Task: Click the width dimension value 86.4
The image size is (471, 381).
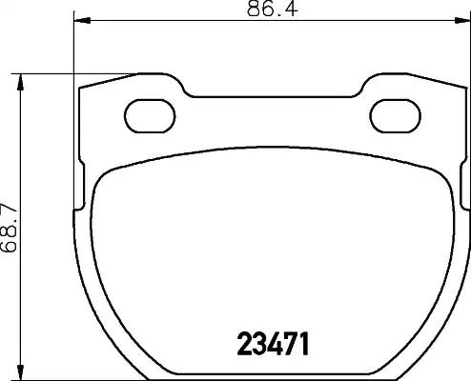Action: click(273, 9)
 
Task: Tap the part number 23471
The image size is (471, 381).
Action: click(274, 344)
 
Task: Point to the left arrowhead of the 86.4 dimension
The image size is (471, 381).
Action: click(82, 21)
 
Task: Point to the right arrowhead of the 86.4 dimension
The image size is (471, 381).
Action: click(462, 21)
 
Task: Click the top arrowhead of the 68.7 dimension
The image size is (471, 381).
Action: click(21, 83)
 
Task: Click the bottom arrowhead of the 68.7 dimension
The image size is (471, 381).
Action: click(21, 372)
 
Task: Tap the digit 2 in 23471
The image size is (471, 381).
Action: click(244, 344)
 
